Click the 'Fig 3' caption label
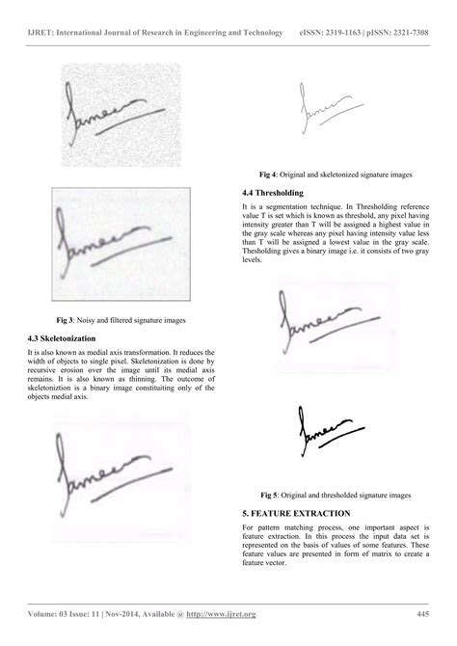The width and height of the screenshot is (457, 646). pos(67,318)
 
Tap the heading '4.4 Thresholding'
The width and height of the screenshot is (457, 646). pos(273,193)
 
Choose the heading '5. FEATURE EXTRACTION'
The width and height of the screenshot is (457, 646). pos(297,513)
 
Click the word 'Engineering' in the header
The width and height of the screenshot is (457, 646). pos(213,33)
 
